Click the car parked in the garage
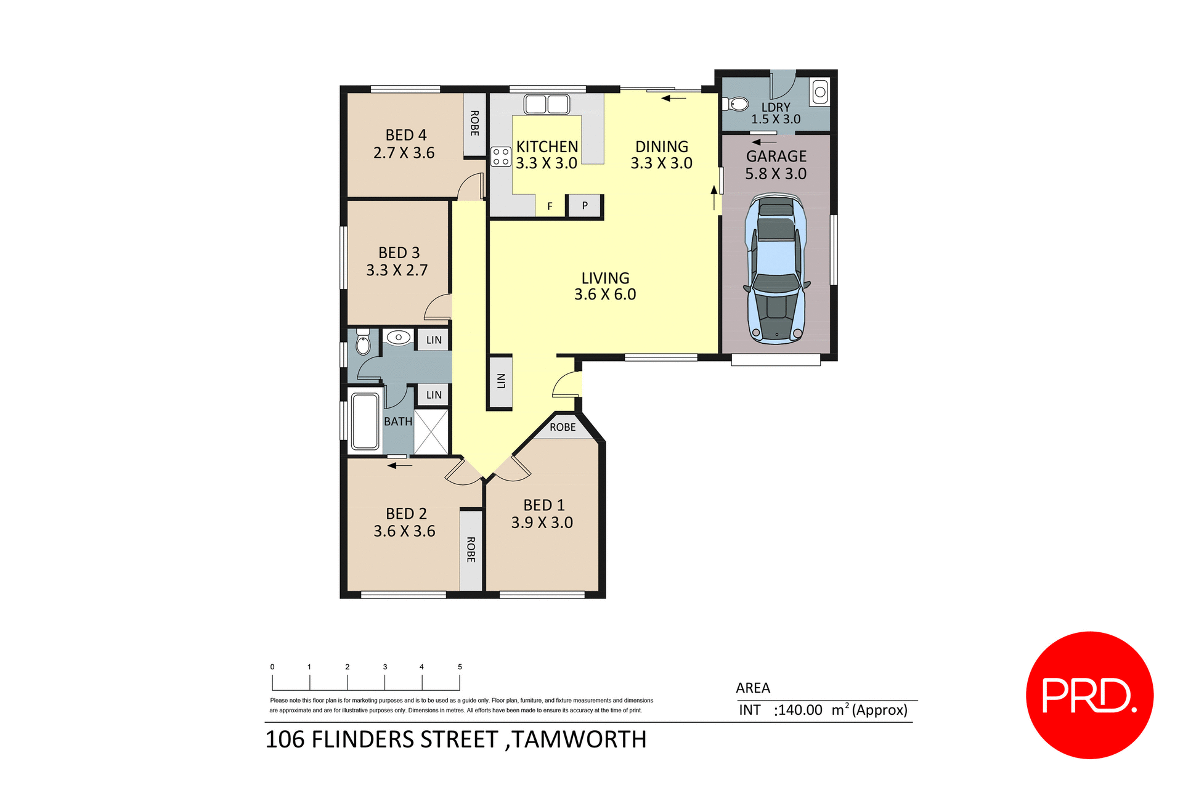click(776, 269)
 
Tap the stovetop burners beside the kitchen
click(501, 157)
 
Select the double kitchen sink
click(547, 104)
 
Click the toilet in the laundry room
click(736, 104)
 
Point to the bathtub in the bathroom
click(365, 421)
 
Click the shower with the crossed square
click(431, 432)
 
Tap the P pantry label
click(585, 206)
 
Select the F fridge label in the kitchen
click(550, 206)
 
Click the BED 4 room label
click(405, 135)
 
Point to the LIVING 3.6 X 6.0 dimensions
click(605, 295)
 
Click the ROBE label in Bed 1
click(563, 427)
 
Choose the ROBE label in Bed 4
click(474, 123)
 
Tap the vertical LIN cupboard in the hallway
click(500, 381)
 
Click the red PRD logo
click(1089, 695)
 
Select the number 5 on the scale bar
click(460, 667)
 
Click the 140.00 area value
click(800, 710)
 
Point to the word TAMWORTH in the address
click(579, 739)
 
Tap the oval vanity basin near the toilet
click(399, 337)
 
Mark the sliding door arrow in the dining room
click(673, 98)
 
